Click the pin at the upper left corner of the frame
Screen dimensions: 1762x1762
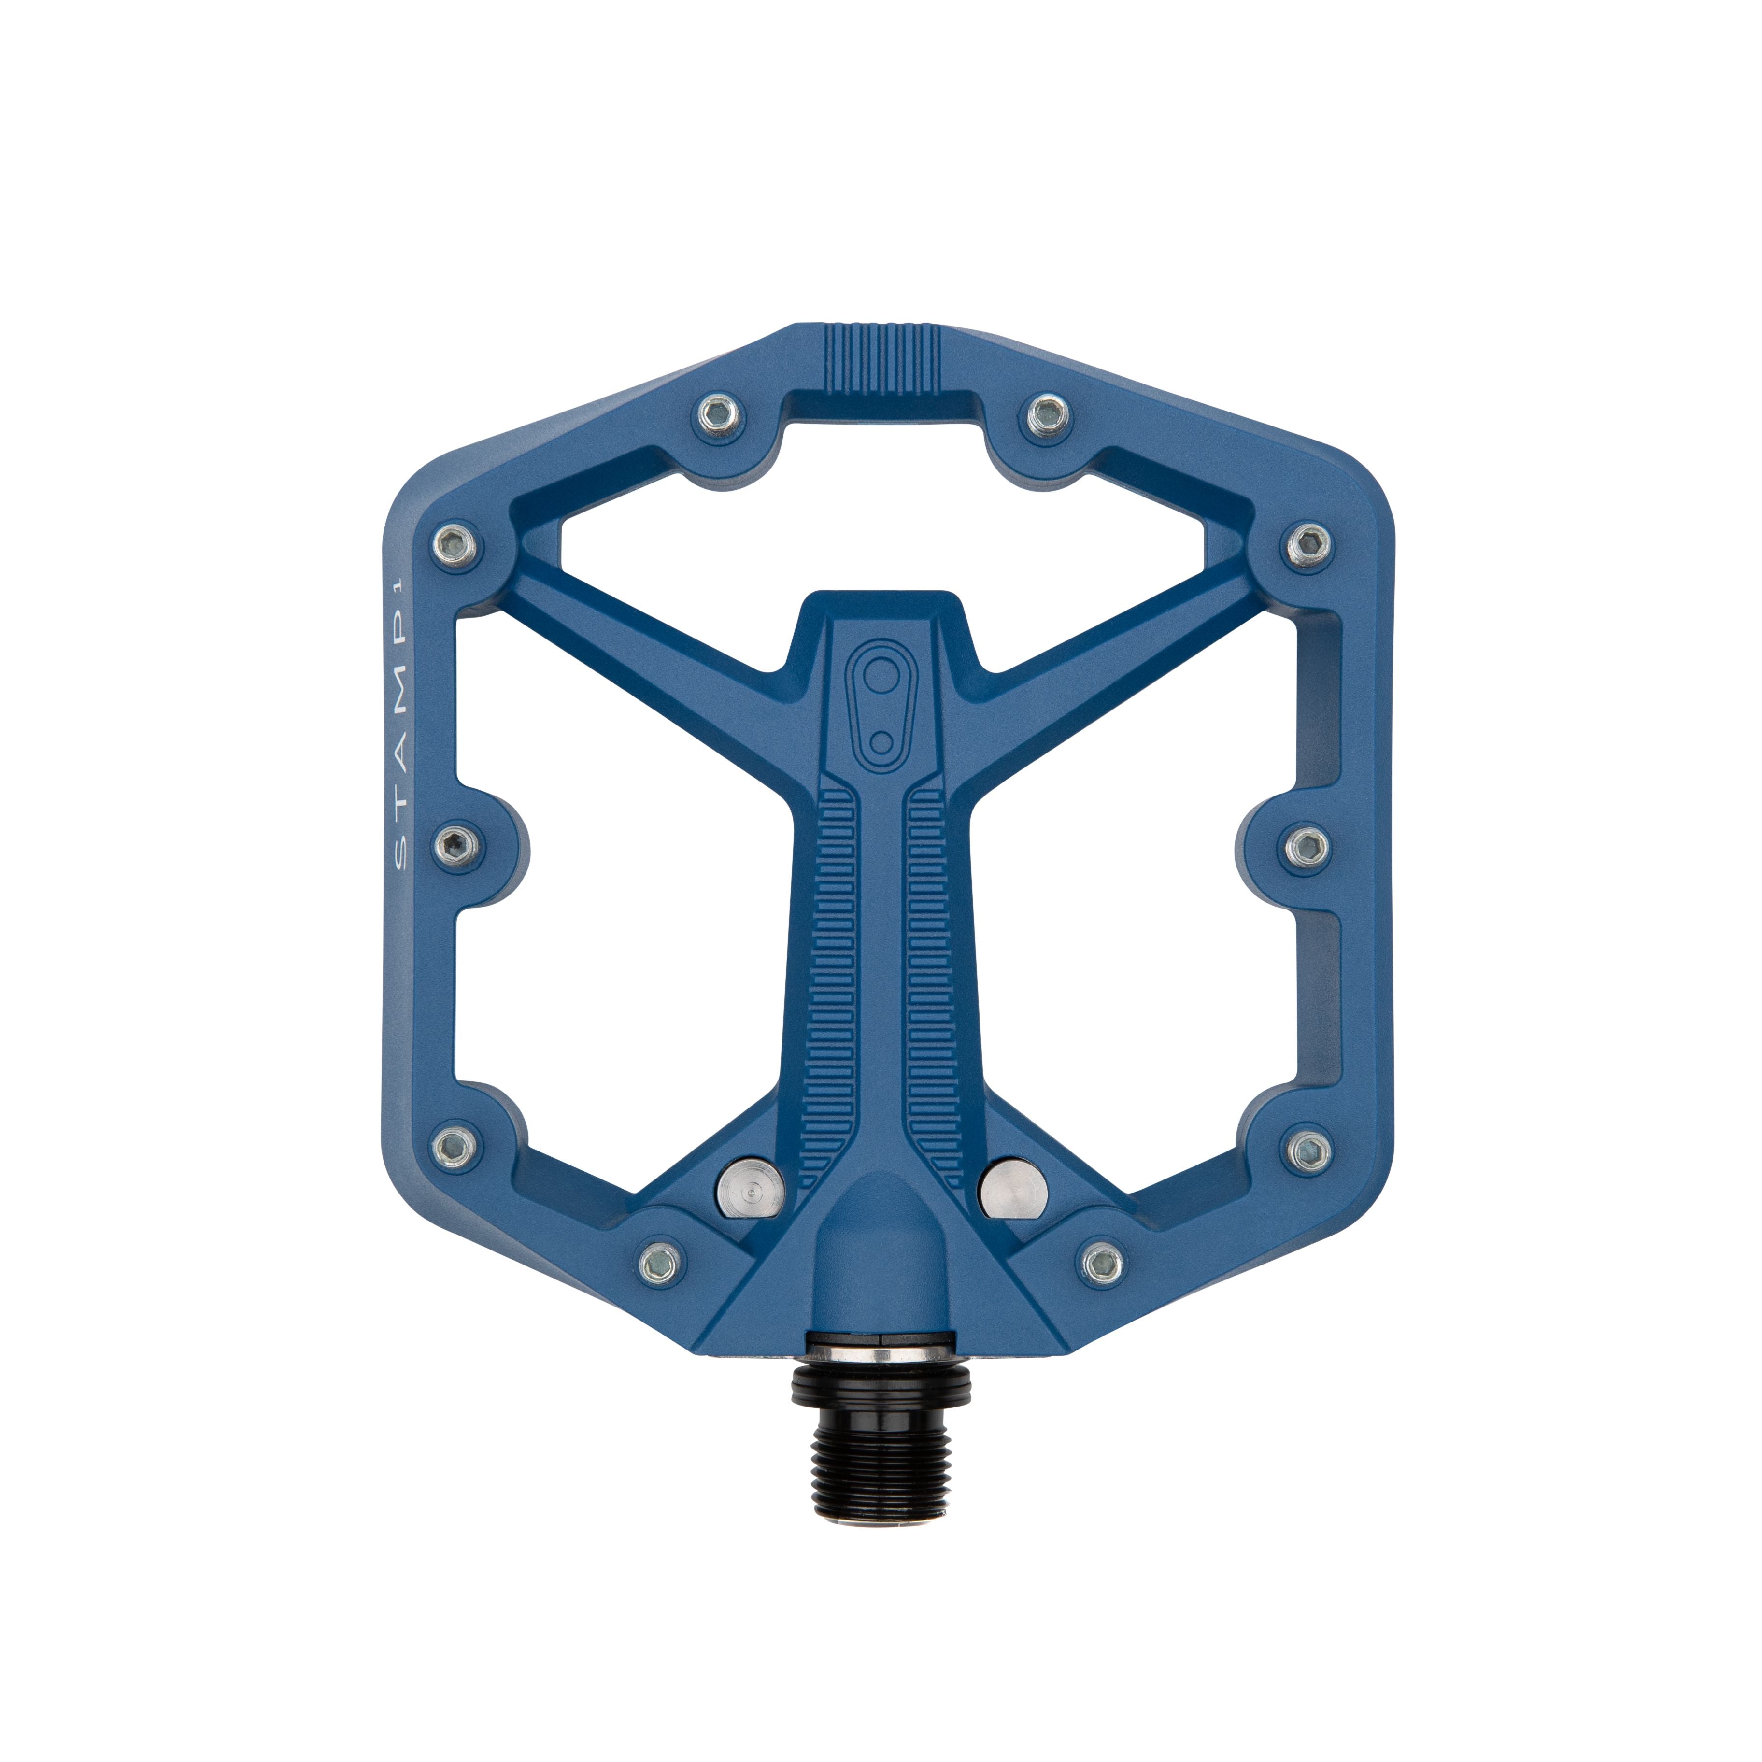click(455, 545)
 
